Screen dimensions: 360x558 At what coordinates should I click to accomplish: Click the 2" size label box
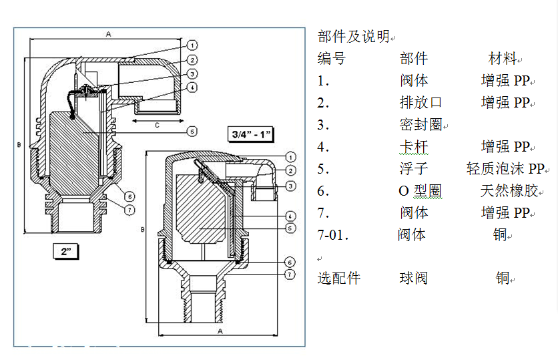tap(66, 251)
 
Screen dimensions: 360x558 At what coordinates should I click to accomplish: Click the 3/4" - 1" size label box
tap(251, 134)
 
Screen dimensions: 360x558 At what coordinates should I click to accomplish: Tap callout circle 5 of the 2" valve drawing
tap(191, 132)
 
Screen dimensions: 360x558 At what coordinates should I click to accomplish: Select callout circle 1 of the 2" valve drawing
tap(192, 45)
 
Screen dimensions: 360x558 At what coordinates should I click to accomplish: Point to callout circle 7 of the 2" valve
tap(130, 209)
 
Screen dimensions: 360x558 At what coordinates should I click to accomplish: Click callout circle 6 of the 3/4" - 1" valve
tap(290, 262)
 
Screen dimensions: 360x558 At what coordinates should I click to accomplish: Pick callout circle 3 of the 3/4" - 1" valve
tap(291, 184)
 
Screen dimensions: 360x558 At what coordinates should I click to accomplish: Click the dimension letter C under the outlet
tap(157, 125)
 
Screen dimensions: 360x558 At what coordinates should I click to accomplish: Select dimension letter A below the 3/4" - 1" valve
tap(220, 330)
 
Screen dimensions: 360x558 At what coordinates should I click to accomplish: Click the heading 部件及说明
tap(353, 36)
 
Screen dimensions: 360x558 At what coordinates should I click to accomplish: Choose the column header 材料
tap(502, 59)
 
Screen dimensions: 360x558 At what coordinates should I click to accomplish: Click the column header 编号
tap(332, 59)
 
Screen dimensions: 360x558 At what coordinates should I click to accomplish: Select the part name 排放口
tap(421, 103)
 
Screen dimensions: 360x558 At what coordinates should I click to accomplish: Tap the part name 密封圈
tap(421, 125)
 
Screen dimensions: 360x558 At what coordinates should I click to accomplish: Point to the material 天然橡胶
tap(509, 191)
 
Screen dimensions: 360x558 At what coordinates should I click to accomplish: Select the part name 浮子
tap(413, 169)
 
